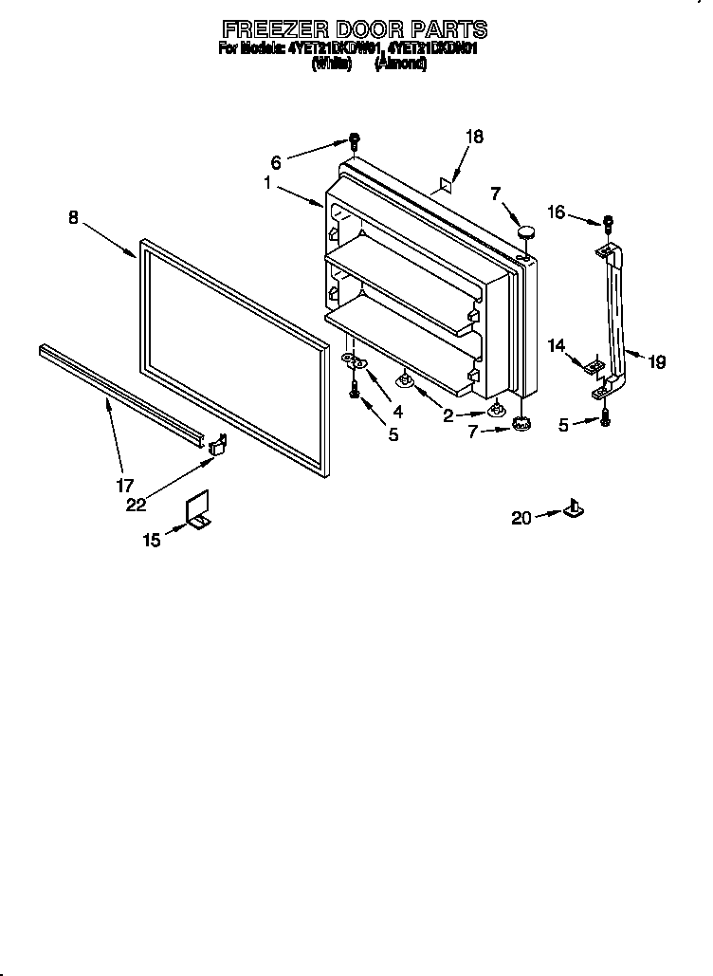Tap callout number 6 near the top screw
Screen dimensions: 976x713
pyautogui.click(x=276, y=161)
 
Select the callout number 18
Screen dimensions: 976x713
pyautogui.click(x=473, y=137)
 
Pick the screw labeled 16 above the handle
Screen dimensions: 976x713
pyautogui.click(x=609, y=224)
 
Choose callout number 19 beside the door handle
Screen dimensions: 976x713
pyautogui.click(x=656, y=361)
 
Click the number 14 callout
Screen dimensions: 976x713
pyautogui.click(x=556, y=347)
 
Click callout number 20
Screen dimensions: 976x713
pyautogui.click(x=521, y=517)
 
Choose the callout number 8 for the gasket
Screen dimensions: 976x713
pyautogui.click(x=74, y=217)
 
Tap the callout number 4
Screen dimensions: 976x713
pyautogui.click(x=397, y=412)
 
